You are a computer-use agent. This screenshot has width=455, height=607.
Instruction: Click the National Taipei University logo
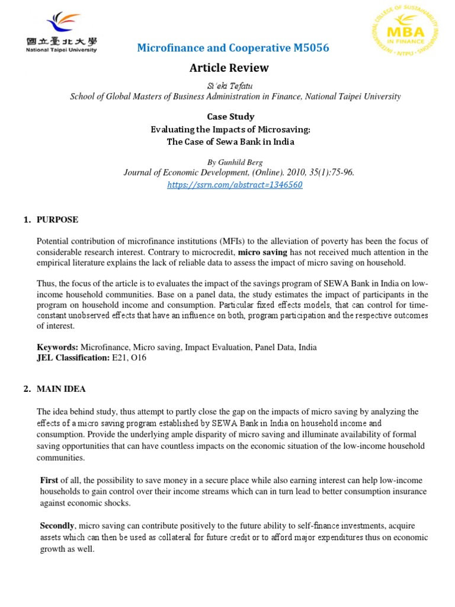pos(62,32)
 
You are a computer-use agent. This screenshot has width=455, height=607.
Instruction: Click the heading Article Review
pos(229,68)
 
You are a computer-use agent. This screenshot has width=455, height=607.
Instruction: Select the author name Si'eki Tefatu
pos(229,85)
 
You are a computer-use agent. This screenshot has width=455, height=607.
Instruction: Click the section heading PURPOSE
pos(57,220)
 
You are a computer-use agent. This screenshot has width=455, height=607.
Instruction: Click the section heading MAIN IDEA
pos(61,389)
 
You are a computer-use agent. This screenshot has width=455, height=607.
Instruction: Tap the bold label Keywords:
pos(57,347)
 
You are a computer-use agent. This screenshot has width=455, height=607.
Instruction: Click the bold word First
pos(49,480)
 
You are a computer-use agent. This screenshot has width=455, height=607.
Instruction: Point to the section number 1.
pos(26,220)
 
